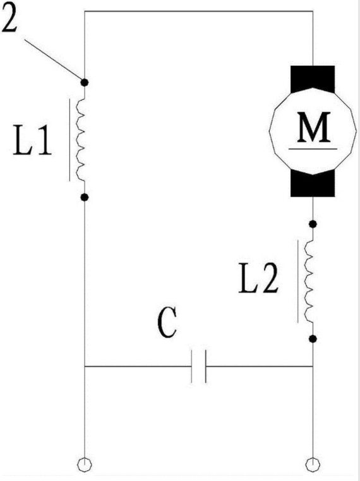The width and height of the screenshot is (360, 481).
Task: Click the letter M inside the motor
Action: pyautogui.click(x=314, y=127)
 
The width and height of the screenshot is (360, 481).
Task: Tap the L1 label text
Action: pyautogui.click(x=32, y=140)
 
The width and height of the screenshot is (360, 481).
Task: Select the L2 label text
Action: pyautogui.click(x=258, y=279)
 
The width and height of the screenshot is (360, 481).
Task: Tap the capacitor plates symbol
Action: pyautogui.click(x=199, y=366)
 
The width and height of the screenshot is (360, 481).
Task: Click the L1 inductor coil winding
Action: pyautogui.click(x=81, y=140)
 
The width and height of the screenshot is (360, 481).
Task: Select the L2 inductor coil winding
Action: pyautogui.click(x=309, y=281)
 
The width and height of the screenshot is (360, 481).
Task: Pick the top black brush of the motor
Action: pyautogui.click(x=313, y=79)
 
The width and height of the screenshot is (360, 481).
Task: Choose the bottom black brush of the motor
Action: pyautogui.click(x=313, y=183)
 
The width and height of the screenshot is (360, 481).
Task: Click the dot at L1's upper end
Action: pyautogui.click(x=85, y=82)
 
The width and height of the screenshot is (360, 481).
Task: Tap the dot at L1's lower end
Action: pyautogui.click(x=85, y=197)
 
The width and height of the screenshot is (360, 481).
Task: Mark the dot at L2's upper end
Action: pyautogui.click(x=313, y=224)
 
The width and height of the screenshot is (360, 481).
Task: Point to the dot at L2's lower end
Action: pyautogui.click(x=313, y=339)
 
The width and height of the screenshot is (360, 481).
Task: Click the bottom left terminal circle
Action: pyautogui.click(x=85, y=465)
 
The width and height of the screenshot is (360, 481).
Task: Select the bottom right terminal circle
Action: pyautogui.click(x=313, y=465)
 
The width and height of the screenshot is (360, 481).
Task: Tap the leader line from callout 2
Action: pyautogui.click(x=53, y=59)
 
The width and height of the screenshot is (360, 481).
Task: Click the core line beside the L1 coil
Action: pyautogui.click(x=69, y=140)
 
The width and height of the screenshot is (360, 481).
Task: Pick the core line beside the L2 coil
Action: pyautogui.click(x=297, y=281)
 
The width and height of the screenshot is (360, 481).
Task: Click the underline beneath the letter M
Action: pyautogui.click(x=313, y=149)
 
